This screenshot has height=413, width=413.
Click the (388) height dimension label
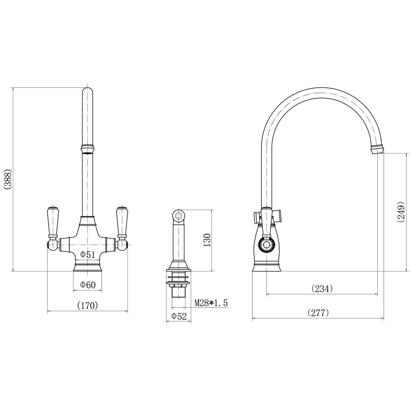[x=7, y=179]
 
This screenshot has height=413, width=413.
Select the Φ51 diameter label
[x=87, y=254]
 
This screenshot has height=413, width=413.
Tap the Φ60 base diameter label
[x=88, y=285]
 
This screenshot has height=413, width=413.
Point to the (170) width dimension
[x=87, y=305]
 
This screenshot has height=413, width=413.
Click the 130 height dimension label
[x=207, y=240]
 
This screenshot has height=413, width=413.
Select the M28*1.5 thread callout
[x=211, y=303]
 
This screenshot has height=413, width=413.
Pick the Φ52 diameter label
[x=179, y=316]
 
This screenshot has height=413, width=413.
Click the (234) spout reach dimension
[x=322, y=288]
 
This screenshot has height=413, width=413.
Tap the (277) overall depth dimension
[x=318, y=313]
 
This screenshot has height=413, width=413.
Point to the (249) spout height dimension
[x=401, y=213]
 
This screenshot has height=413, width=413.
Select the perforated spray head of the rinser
[x=178, y=215]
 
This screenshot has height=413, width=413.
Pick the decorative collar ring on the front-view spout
[x=87, y=149]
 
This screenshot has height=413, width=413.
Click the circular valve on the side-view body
[x=265, y=245]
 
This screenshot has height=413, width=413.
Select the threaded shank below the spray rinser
[x=178, y=292]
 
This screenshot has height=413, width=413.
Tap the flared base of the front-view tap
[x=87, y=268]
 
